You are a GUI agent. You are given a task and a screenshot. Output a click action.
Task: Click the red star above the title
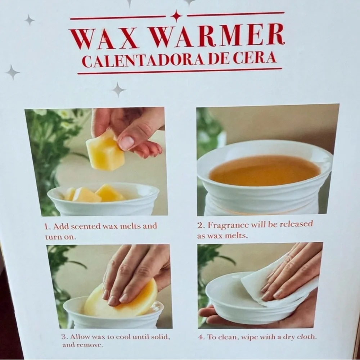[176, 16]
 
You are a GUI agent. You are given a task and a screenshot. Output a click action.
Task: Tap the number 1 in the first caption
[47, 226]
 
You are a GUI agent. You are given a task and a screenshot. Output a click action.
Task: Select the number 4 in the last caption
[201, 337]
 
